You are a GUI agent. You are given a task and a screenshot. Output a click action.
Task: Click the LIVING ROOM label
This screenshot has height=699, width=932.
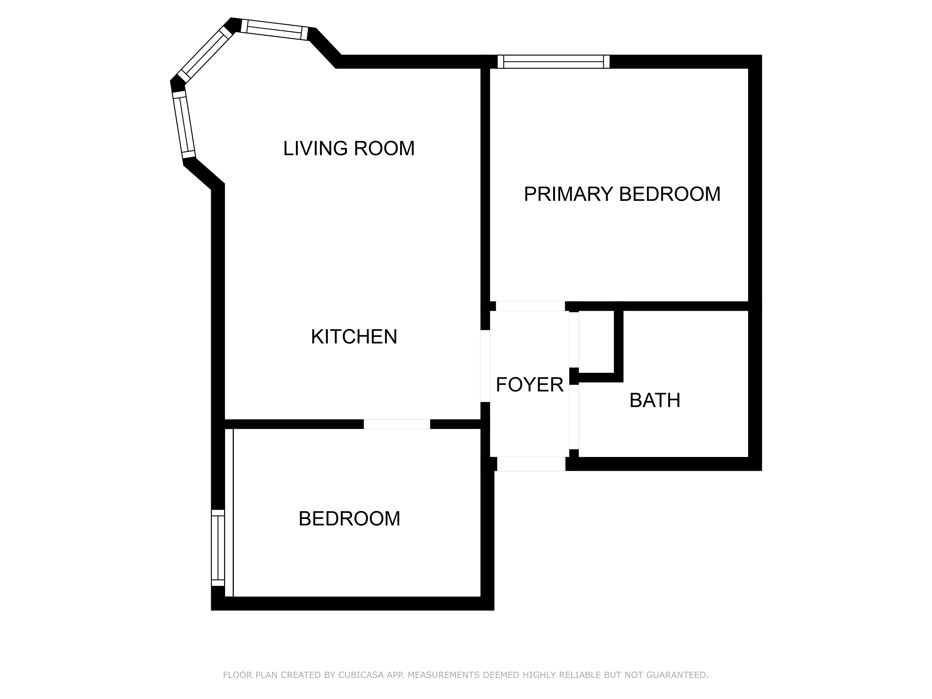click(349, 148)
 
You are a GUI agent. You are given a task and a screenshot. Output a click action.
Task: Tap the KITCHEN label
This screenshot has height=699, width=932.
click(354, 337)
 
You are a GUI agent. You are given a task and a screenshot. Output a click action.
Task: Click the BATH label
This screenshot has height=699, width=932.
click(655, 400)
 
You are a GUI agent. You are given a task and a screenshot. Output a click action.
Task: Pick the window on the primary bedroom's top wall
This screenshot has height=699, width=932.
click(553, 62)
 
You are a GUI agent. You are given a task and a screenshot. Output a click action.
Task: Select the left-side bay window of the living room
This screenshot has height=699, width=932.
click(184, 125)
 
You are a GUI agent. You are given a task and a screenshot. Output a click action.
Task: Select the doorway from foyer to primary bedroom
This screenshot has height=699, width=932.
click(530, 306)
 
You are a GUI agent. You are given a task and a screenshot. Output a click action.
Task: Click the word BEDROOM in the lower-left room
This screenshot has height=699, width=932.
click(349, 519)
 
